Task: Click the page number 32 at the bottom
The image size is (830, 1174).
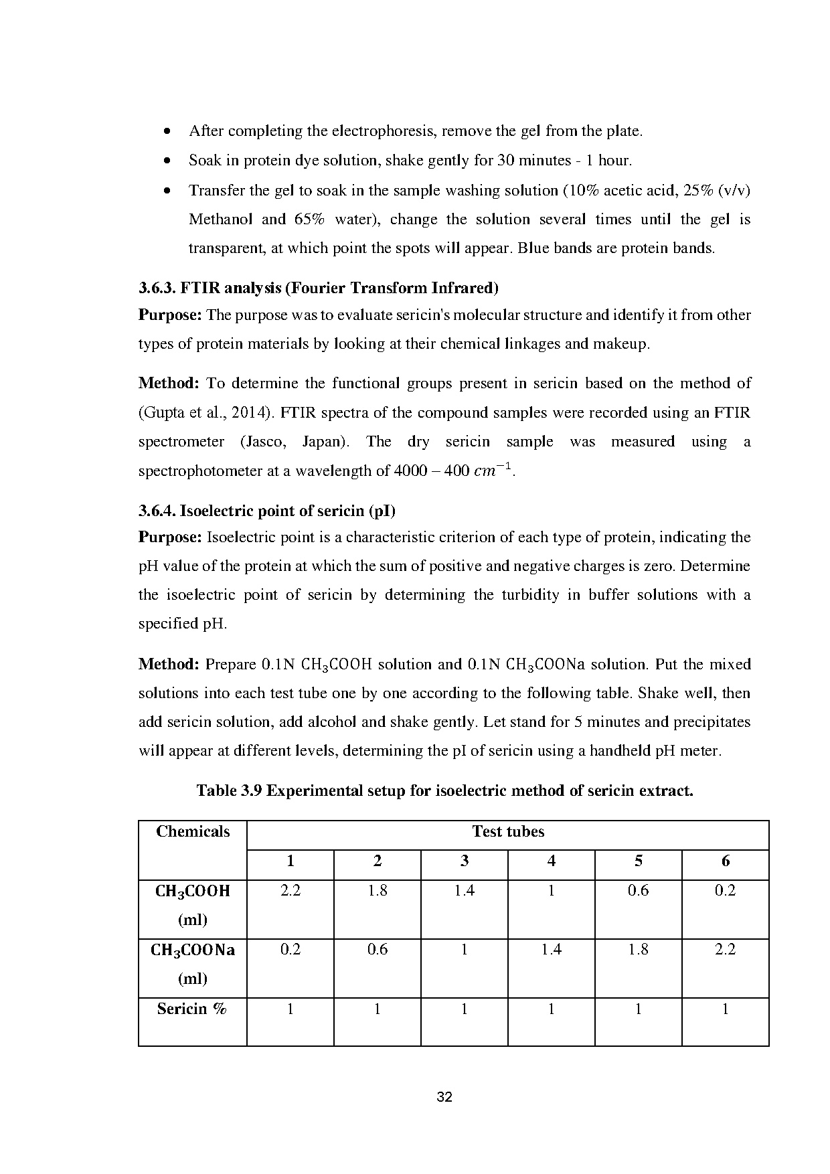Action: tap(444, 1097)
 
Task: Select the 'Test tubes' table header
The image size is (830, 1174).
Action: tap(508, 832)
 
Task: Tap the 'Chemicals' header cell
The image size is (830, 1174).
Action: tap(193, 832)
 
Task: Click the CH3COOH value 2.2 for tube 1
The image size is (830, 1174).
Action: tap(290, 891)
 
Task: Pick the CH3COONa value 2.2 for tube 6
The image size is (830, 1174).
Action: tap(725, 950)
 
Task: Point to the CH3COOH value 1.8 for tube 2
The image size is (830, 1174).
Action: tap(378, 891)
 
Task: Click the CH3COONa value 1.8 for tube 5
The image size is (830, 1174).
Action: tap(638, 950)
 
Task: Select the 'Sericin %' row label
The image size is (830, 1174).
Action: tap(192, 1009)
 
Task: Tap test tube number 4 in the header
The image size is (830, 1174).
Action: tap(551, 861)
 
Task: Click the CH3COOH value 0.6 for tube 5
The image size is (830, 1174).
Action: tap(638, 891)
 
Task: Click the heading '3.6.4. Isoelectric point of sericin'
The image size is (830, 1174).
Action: tap(267, 511)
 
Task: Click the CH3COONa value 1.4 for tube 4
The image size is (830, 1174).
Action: tap(551, 950)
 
